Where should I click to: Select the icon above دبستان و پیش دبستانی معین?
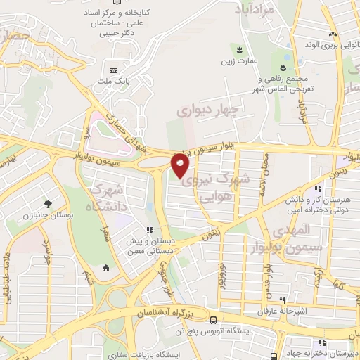149,229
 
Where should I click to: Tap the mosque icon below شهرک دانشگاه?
105,267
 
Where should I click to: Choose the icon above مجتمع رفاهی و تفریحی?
282,68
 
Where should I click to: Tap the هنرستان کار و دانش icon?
319,188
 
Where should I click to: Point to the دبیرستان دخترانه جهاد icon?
290,354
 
